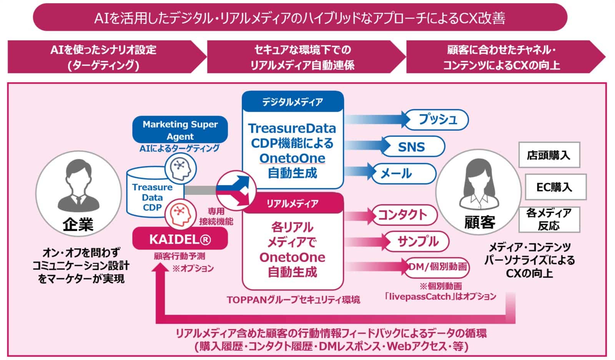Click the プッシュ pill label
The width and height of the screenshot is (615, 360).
pyautogui.click(x=437, y=119)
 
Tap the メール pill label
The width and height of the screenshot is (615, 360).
pyautogui.click(x=402, y=174)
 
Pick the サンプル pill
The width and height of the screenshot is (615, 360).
pyautogui.click(x=417, y=241)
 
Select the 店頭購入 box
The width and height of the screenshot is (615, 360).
pyautogui.click(x=549, y=155)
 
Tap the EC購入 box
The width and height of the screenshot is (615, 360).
pyautogui.click(x=555, y=187)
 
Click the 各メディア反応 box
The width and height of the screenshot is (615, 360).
pyautogui.click(x=549, y=219)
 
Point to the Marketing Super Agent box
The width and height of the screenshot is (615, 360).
pyautogui.click(x=180, y=130)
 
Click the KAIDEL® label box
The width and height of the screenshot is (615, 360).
pyautogui.click(x=180, y=239)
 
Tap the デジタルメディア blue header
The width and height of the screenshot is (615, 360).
pyautogui.click(x=293, y=102)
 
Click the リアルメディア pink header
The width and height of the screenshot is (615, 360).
pyautogui.click(x=293, y=203)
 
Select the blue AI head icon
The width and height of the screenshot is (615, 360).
pyautogui.click(x=180, y=168)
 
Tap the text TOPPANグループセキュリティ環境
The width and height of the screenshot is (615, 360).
pyautogui.click(x=293, y=300)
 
